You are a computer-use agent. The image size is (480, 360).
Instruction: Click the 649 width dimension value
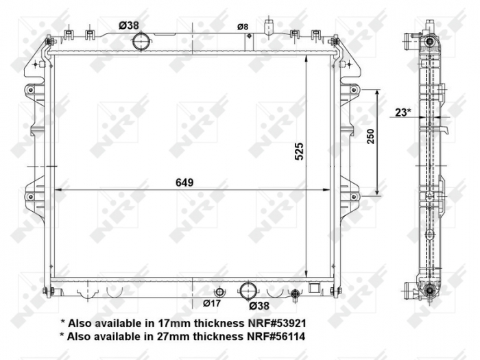(184, 182)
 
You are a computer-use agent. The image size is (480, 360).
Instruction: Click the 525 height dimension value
(299, 151)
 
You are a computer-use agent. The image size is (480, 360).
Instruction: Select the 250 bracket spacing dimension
(370, 137)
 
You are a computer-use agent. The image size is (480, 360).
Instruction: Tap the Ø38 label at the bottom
(259, 305)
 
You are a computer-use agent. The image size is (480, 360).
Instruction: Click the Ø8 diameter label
(243, 27)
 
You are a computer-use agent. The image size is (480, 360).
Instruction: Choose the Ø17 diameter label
(212, 302)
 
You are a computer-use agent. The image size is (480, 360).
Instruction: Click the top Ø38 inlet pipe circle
(141, 42)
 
